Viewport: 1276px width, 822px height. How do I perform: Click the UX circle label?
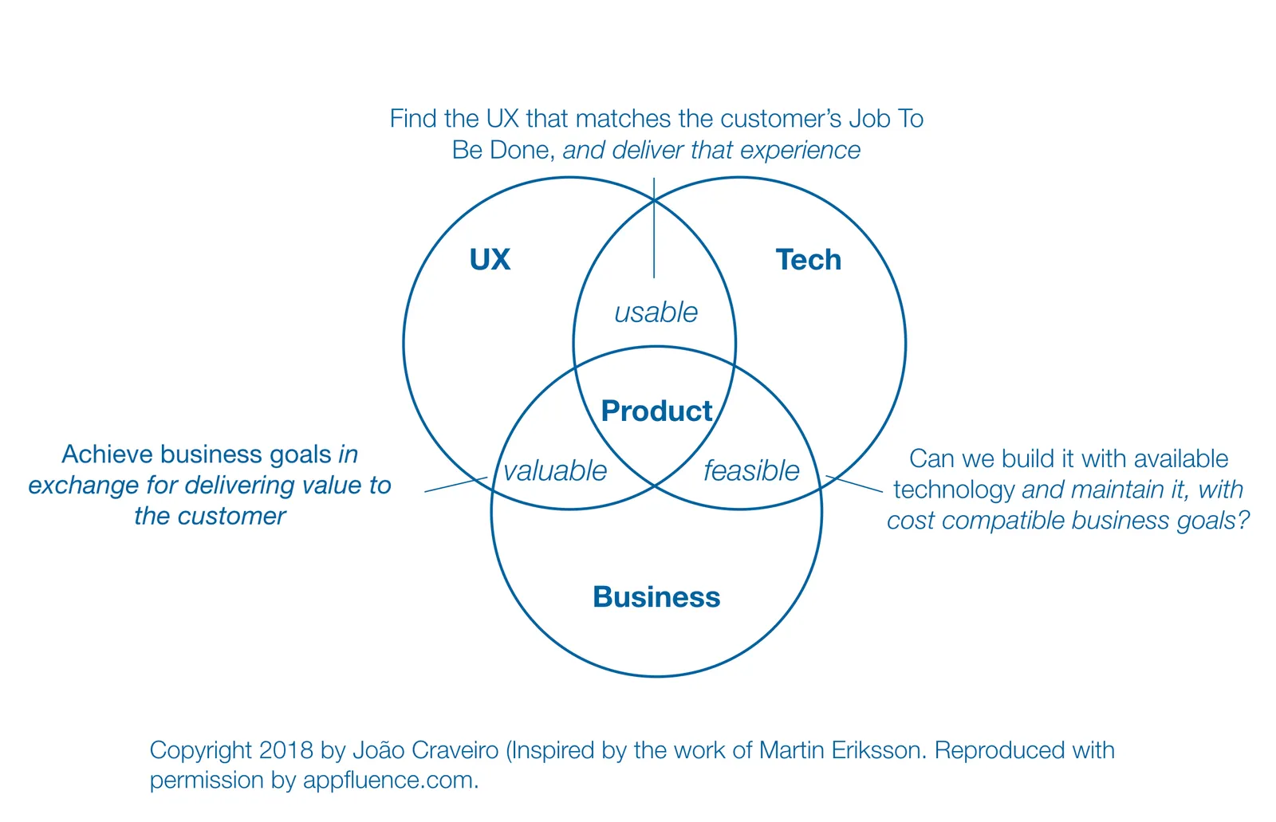[490, 260]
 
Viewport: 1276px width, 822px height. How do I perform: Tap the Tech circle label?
[808, 260]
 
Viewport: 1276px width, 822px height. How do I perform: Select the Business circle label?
[656, 597]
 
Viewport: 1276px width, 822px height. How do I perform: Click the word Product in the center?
[656, 411]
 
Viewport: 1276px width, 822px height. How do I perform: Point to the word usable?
[656, 313]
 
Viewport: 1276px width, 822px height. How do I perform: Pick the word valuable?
[555, 471]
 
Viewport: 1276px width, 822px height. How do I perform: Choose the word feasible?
[751, 471]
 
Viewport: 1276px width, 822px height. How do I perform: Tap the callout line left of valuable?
[455, 484]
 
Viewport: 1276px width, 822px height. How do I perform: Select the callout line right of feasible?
[854, 484]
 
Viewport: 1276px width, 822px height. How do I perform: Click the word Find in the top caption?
[414, 119]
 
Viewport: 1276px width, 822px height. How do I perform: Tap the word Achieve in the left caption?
[108, 454]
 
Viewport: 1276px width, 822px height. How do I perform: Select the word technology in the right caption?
[954, 490]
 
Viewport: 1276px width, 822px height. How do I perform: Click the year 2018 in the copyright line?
[286, 750]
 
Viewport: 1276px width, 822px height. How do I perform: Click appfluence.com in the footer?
[390, 780]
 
